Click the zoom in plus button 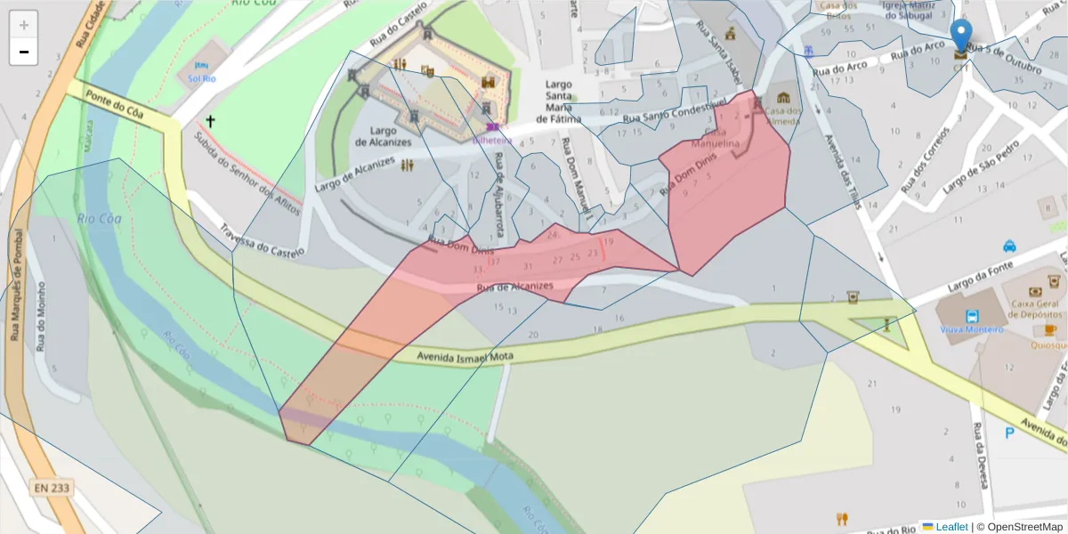(x=24, y=25)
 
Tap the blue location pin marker (x=961, y=37)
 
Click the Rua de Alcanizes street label (x=515, y=287)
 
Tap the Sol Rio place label (x=201, y=77)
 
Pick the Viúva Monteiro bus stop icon (x=972, y=315)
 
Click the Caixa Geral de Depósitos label (x=1037, y=308)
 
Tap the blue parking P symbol (x=1009, y=433)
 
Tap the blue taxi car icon (x=1010, y=246)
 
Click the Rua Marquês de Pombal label (x=18, y=285)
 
